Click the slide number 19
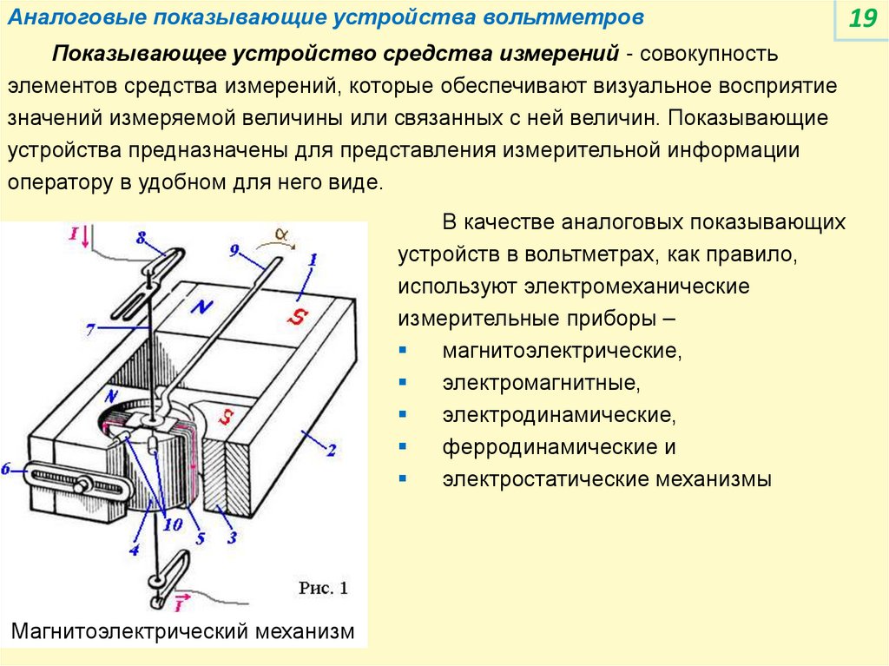(862, 19)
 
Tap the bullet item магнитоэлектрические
(560, 351)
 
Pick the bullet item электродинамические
(558, 415)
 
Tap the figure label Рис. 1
(323, 588)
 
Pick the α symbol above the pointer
(280, 234)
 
